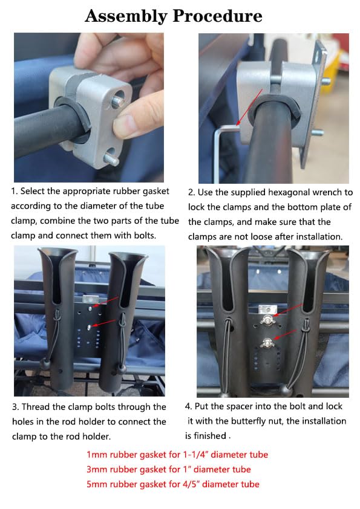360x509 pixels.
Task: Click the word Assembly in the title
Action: [x=126, y=16]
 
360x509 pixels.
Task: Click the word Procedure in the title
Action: [x=217, y=16]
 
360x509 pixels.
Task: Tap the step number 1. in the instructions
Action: [x=15, y=191]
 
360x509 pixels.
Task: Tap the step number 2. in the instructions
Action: [x=191, y=192]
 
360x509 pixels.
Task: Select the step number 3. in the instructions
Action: [x=15, y=407]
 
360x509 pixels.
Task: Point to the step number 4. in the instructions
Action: [x=189, y=406]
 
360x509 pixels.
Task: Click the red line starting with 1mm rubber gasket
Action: [x=177, y=455]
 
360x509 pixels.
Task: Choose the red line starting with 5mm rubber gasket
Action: [x=172, y=484]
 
